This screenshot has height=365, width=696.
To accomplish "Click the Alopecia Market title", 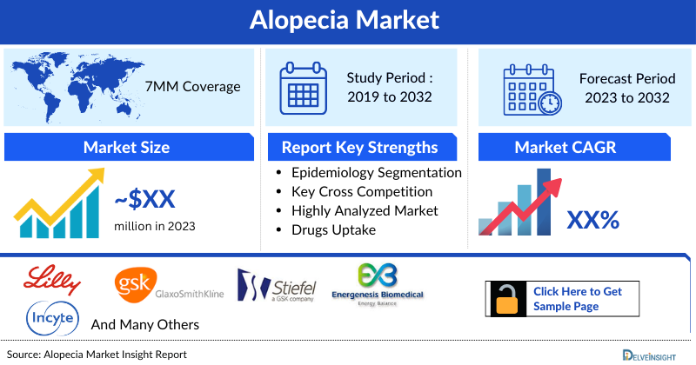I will [x=348, y=19].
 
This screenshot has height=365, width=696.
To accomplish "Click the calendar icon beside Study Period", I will [x=304, y=88].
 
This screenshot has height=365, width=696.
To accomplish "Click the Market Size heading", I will [x=126, y=147].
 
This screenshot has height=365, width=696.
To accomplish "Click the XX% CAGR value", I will [x=592, y=220].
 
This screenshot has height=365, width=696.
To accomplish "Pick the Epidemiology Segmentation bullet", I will [x=376, y=173].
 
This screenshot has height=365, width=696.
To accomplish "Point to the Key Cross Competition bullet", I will [x=362, y=191].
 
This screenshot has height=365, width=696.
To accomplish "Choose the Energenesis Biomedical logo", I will [x=378, y=285].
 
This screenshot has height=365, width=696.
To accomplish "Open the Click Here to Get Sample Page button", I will [x=578, y=298].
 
